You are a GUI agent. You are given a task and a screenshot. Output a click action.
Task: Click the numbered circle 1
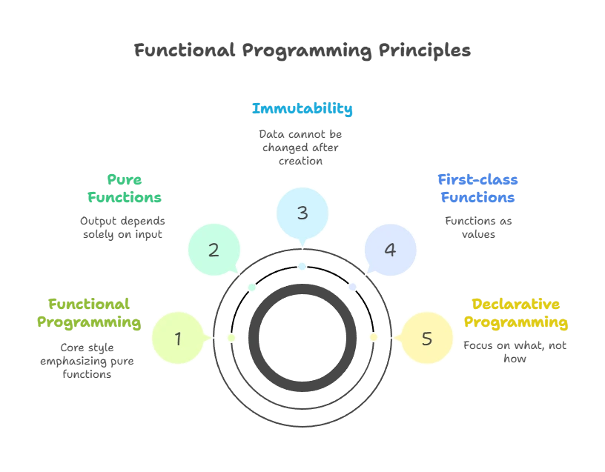click(178, 339)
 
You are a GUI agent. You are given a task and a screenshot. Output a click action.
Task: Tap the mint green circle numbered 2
click(214, 250)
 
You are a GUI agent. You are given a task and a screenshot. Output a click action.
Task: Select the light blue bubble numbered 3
click(302, 213)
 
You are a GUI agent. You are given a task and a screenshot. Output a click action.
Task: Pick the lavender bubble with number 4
click(390, 250)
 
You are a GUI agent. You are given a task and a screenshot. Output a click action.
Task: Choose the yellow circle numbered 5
click(426, 339)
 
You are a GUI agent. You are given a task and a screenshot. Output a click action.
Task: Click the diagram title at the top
click(302, 50)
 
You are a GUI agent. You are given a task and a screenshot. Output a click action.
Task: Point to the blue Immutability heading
click(302, 109)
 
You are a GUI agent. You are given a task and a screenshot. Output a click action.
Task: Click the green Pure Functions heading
click(124, 189)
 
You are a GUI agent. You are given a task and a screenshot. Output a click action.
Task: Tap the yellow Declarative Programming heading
click(516, 314)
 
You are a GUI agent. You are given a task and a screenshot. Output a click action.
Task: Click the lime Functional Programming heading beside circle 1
click(90, 314)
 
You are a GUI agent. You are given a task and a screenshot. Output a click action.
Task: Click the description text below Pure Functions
click(122, 227)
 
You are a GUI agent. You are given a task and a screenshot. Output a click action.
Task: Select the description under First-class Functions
click(480, 227)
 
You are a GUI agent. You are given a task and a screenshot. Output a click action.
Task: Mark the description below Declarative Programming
click(516, 352)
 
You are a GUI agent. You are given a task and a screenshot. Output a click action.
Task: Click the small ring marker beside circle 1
click(231, 338)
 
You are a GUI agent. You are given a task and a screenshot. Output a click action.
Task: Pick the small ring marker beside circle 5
click(374, 338)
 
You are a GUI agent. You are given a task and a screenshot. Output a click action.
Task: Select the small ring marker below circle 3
click(302, 266)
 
